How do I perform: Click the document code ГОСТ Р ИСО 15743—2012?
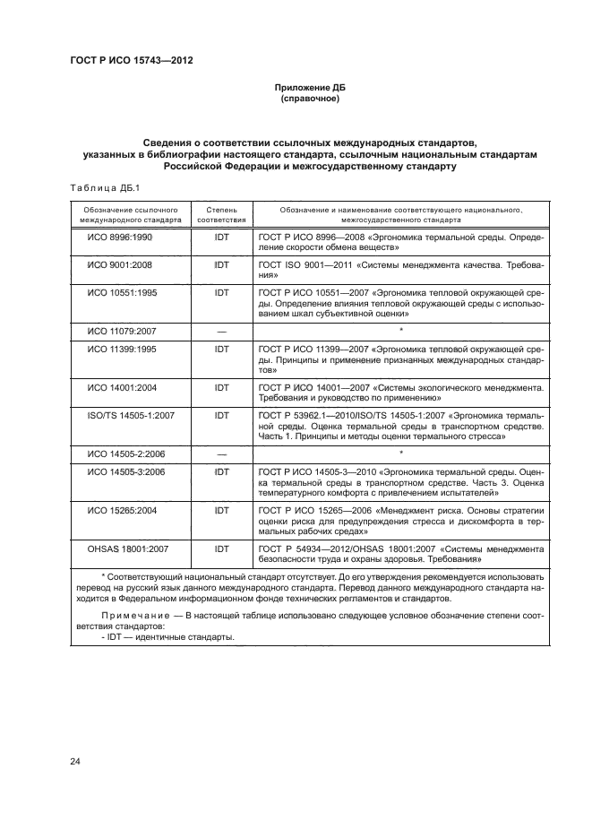point(132,61)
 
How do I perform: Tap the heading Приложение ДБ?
point(309,88)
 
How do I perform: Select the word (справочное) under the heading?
point(309,99)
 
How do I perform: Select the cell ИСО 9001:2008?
point(119,265)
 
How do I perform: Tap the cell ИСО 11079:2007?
point(121,332)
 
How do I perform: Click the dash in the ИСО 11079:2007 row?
point(221,332)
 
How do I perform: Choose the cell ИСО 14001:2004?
point(121,387)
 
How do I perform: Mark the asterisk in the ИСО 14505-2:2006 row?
point(400,454)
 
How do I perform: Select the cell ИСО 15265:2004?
point(121,510)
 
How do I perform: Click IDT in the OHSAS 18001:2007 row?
point(221,548)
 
